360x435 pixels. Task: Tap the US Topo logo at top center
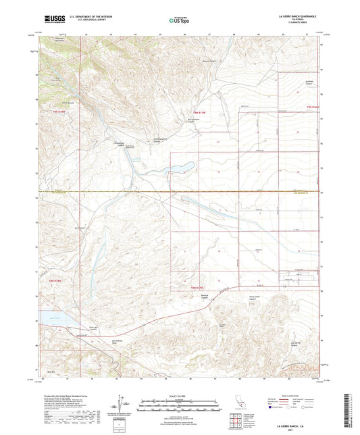[177, 20]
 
